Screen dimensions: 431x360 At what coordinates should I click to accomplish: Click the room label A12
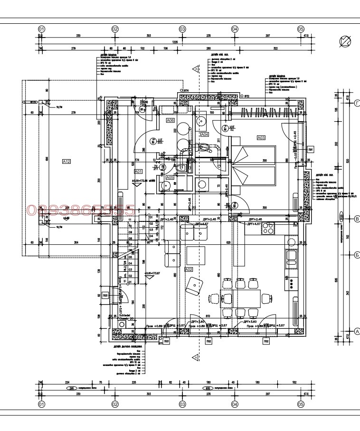click(x=66, y=162)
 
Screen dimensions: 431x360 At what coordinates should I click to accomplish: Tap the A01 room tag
click(x=139, y=171)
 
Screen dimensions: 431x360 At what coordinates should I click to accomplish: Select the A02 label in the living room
click(x=189, y=269)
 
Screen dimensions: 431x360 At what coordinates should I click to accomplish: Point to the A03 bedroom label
click(x=261, y=138)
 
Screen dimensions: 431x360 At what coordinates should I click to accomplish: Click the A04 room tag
click(x=205, y=135)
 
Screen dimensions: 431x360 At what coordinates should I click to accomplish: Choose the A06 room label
click(x=170, y=121)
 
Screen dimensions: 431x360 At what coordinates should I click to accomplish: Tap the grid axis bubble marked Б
click(x=357, y=255)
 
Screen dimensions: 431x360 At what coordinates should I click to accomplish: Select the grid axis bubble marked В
click(x=357, y=219)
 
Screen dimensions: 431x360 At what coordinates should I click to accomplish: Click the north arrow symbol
click(x=345, y=42)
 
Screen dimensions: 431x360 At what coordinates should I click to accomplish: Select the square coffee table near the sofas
click(x=196, y=256)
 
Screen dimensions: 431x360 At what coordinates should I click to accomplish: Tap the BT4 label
click(x=187, y=90)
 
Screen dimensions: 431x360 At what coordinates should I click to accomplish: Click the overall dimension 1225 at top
click(x=175, y=42)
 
